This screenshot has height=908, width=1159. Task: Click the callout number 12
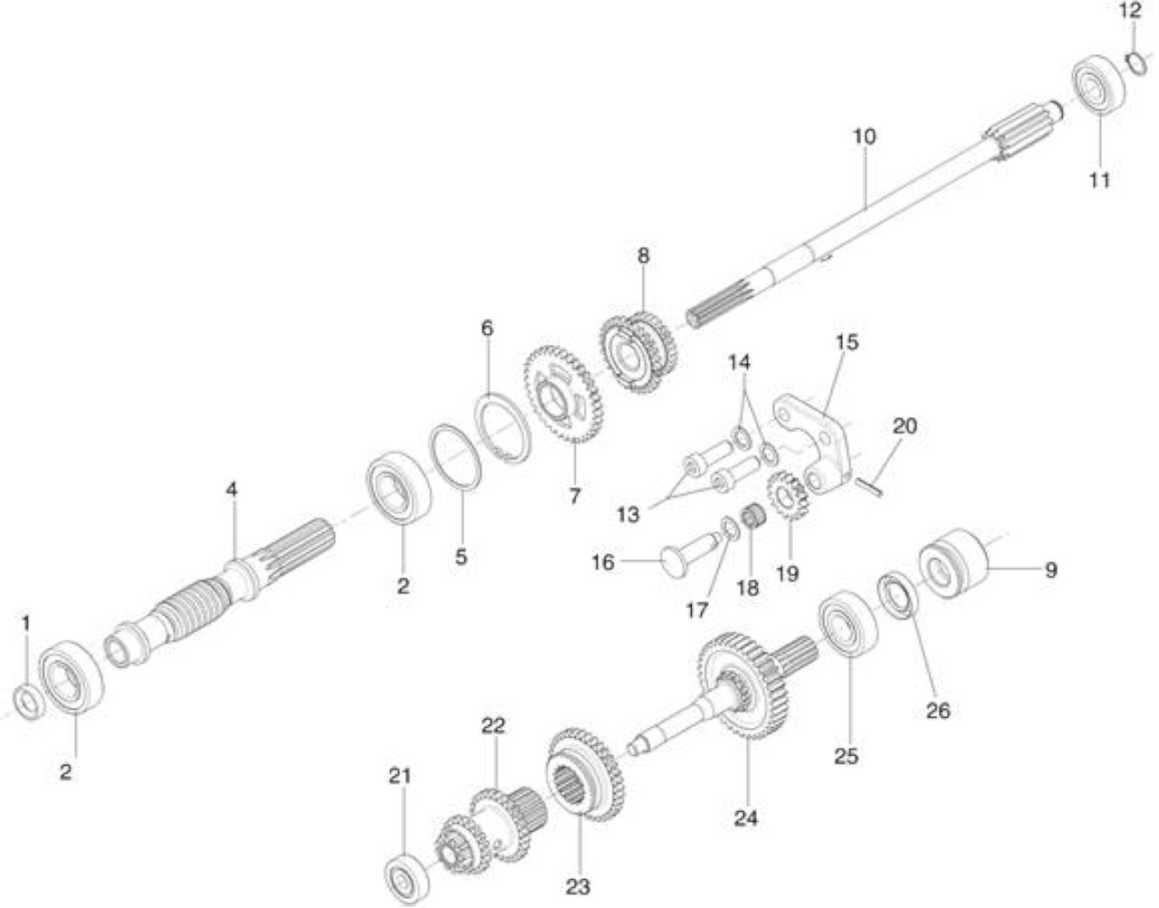click(1130, 11)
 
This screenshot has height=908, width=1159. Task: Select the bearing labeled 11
click(1098, 90)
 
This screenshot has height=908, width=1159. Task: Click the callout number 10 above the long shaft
click(864, 137)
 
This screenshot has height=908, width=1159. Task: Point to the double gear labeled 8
click(638, 353)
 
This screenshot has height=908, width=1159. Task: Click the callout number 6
click(487, 329)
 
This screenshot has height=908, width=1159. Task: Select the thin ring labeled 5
click(456, 456)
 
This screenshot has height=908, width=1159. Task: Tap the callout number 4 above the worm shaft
click(231, 490)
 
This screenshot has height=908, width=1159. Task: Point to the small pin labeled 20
click(869, 487)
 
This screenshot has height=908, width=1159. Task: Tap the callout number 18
click(747, 588)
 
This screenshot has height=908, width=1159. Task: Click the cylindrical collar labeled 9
click(955, 563)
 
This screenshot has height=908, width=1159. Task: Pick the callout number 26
click(938, 710)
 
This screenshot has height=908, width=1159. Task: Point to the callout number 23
click(579, 887)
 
